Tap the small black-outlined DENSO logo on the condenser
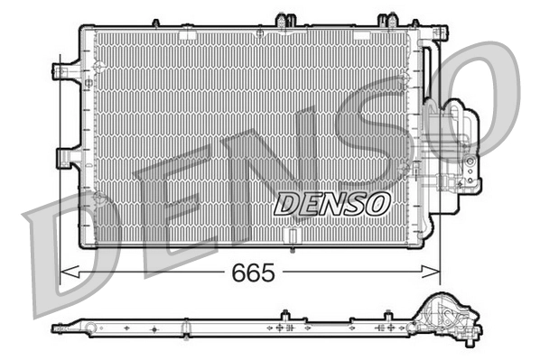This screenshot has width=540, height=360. coord(331,203)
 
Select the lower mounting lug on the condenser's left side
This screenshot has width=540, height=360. coord(65,158)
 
